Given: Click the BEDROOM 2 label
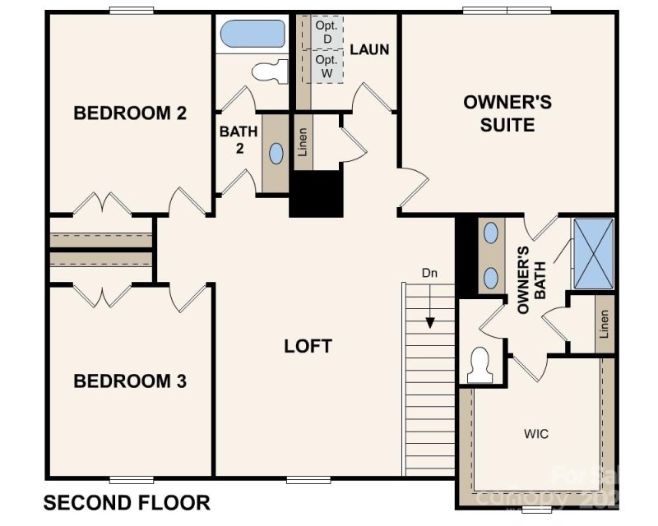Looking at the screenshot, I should click(130, 113).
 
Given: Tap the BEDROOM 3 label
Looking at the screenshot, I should click(130, 381).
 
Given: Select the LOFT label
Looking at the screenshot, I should click(308, 346).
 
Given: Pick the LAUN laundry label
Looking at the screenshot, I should click(369, 49).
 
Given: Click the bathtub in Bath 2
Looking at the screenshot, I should click(252, 35).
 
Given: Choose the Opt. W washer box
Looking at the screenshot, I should click(326, 67).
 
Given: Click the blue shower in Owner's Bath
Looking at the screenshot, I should click(593, 253).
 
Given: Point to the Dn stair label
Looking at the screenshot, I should click(429, 273).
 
